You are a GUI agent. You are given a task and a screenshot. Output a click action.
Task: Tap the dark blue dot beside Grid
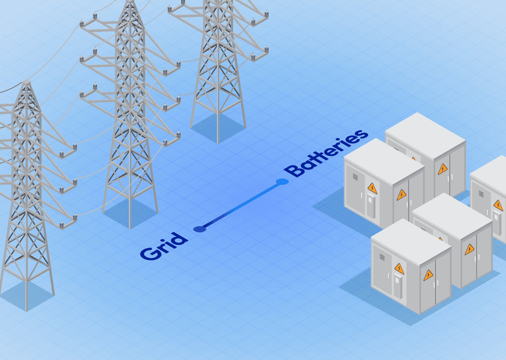(x=200, y=229)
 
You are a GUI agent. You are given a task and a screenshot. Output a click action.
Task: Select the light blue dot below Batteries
(x=282, y=181)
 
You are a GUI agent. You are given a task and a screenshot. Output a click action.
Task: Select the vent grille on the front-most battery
(x=382, y=257)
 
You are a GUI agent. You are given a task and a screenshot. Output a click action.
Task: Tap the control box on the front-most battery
(x=398, y=285)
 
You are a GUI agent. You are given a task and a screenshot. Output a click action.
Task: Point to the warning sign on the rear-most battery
(x=443, y=169)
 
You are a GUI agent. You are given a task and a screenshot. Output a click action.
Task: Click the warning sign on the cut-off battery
(x=498, y=205)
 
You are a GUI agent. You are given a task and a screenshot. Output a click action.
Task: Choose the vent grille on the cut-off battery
(x=481, y=194)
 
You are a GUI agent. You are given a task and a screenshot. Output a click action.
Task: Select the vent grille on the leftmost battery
(x=355, y=177)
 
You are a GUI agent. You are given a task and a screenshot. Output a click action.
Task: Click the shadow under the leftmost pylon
(x=26, y=295)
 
